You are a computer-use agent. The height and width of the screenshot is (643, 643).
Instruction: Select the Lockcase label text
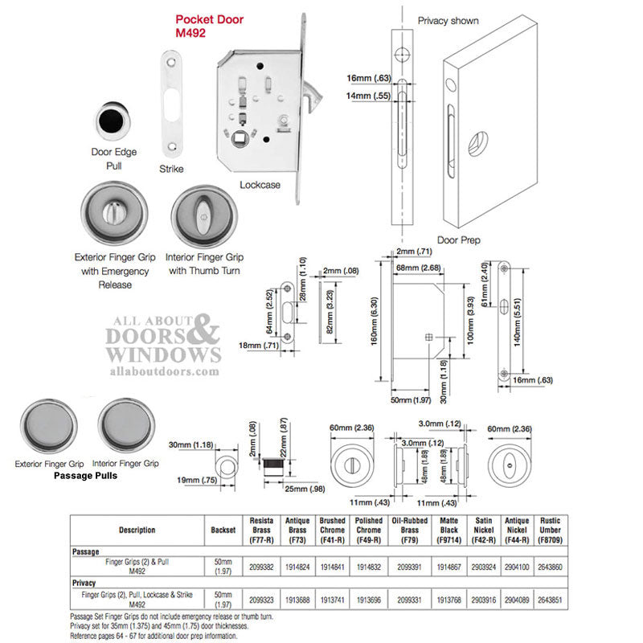tap(260, 185)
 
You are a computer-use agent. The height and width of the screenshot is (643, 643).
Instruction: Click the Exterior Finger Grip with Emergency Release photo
tap(115, 215)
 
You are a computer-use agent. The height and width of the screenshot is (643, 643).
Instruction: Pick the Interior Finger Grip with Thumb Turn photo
tap(205, 215)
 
